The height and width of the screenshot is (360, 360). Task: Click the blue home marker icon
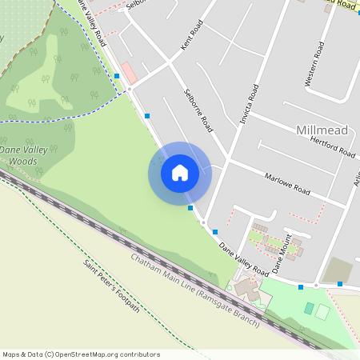(180, 173)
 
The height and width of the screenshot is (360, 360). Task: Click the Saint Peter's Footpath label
(111, 286)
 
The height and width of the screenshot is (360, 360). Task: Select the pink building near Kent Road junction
(129, 72)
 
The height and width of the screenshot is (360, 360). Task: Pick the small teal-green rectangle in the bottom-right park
(309, 308)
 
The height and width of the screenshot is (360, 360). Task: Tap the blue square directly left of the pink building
(117, 76)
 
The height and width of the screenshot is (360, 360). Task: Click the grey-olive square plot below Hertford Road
(338, 270)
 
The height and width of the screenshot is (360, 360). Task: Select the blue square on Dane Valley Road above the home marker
(147, 116)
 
